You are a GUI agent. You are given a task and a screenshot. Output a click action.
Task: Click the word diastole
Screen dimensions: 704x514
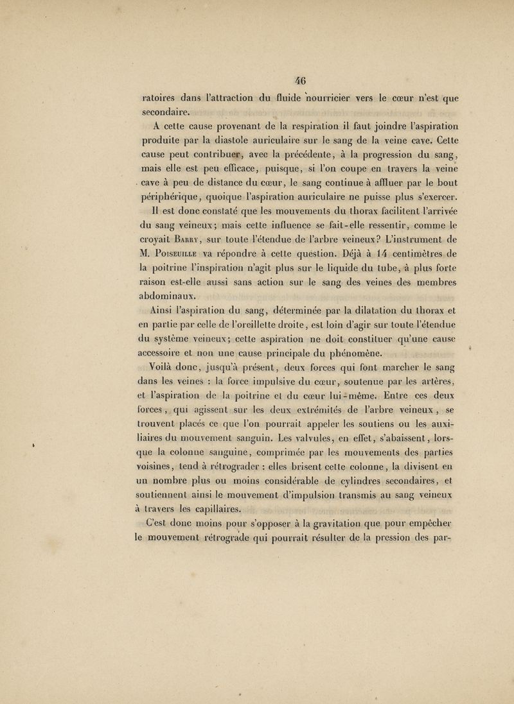249,141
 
